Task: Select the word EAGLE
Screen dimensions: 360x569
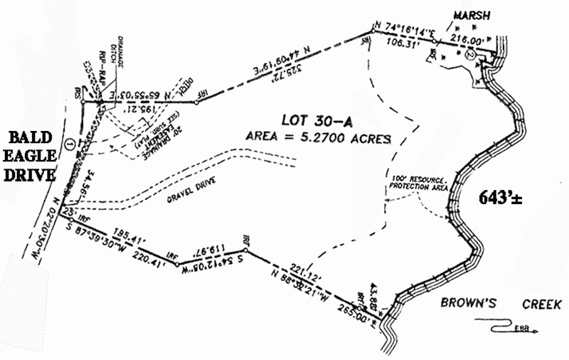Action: [x=28, y=157]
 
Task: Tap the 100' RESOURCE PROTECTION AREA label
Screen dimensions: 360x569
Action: [x=417, y=181]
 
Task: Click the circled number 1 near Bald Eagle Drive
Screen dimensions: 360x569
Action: [x=69, y=144]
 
